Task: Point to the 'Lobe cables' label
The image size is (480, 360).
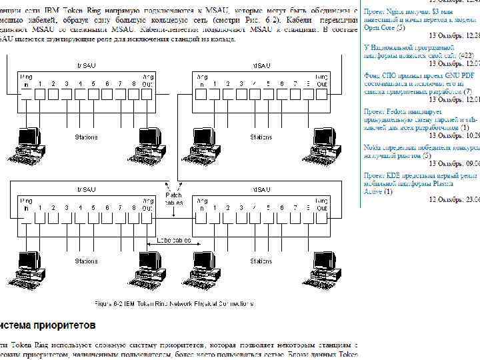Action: click(174, 240)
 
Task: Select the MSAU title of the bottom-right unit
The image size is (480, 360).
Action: click(263, 190)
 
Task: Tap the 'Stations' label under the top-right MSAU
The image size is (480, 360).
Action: click(260, 137)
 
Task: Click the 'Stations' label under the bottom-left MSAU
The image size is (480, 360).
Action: click(86, 261)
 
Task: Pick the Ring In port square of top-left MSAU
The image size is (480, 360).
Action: click(26, 94)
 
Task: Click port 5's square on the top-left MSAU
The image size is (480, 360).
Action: click(93, 94)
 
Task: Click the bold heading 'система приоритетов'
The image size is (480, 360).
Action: click(48, 325)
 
